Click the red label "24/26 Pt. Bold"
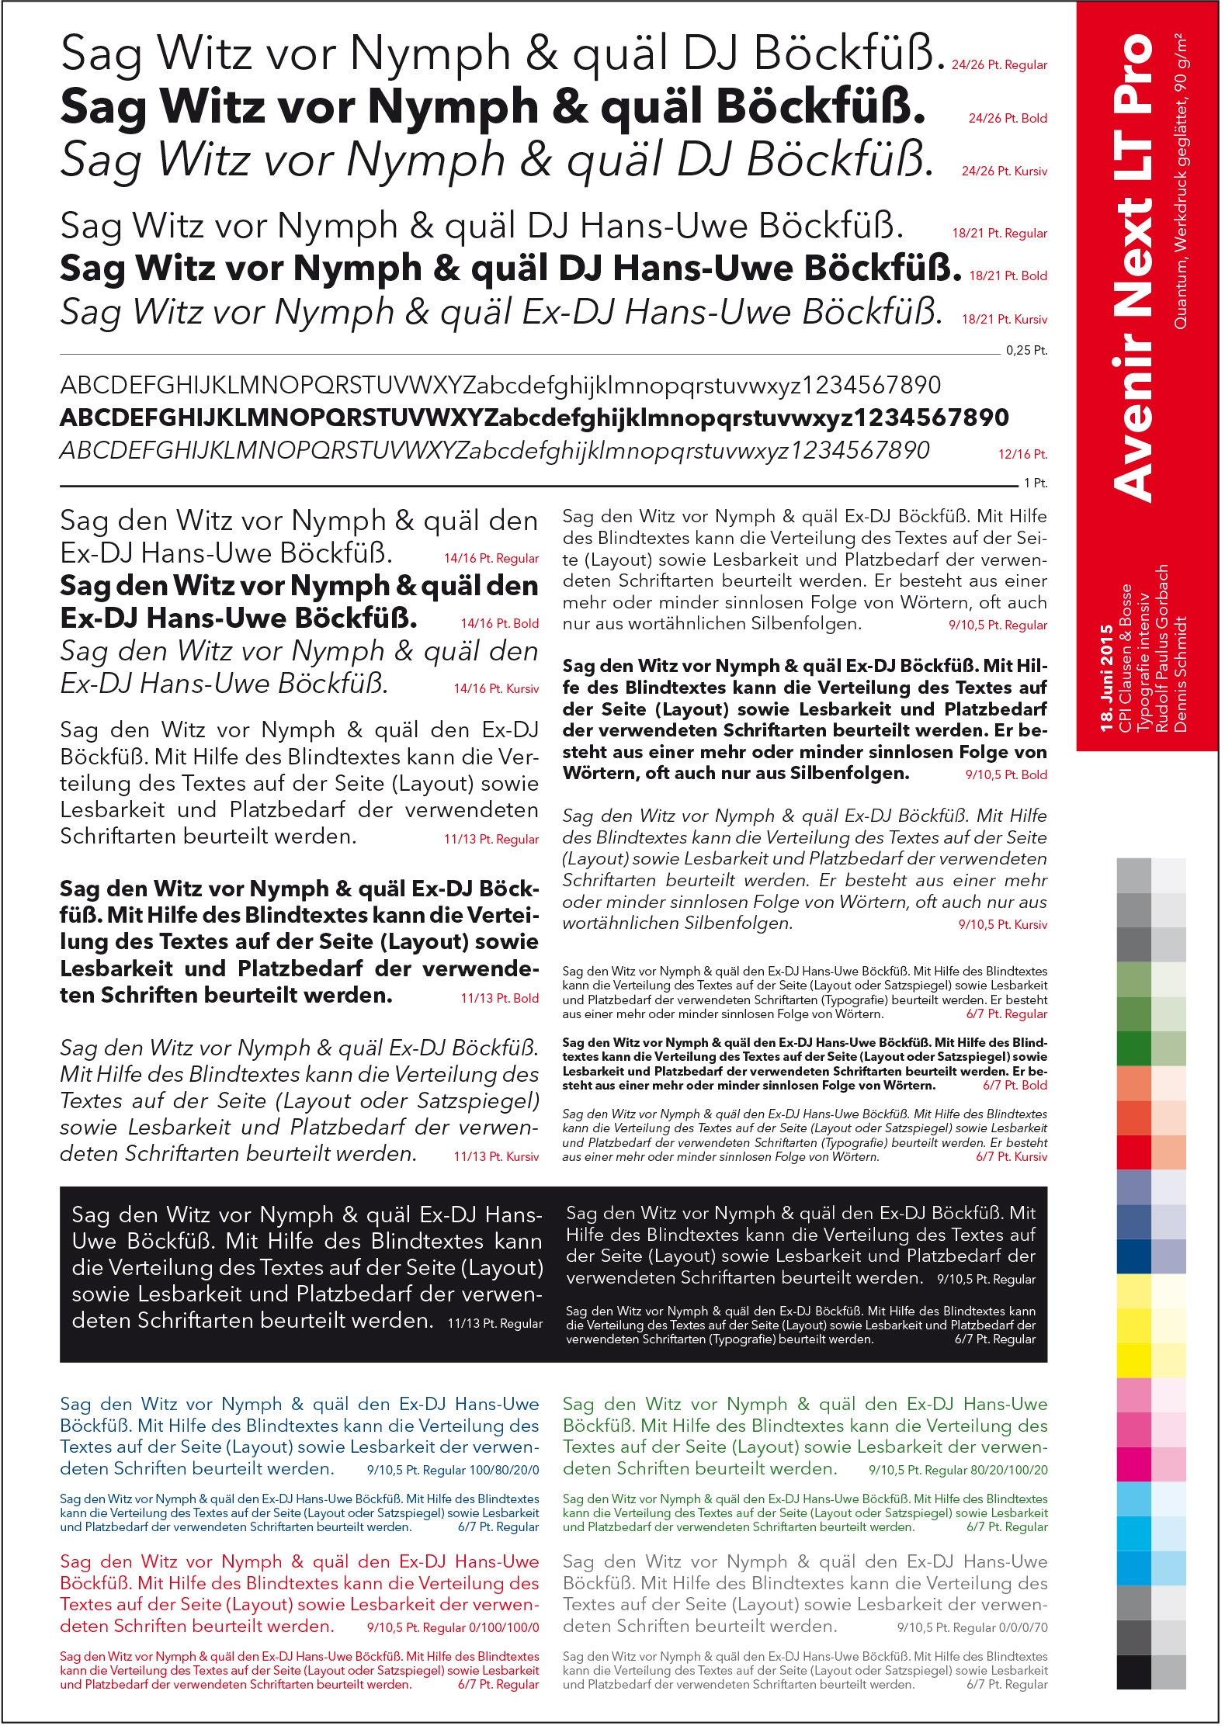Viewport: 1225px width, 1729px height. (x=1007, y=119)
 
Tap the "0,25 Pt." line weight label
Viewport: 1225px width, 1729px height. (x=1026, y=351)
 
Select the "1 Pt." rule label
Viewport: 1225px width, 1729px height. (x=1035, y=483)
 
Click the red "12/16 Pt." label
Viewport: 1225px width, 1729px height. (x=1022, y=455)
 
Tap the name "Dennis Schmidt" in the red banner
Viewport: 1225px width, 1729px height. (x=1181, y=674)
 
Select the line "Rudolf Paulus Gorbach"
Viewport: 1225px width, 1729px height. (x=1162, y=649)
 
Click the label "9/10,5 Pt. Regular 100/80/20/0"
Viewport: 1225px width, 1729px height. (x=453, y=1471)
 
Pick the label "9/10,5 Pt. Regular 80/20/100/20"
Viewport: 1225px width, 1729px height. (x=958, y=1471)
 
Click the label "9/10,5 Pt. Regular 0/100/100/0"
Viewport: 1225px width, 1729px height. (x=453, y=1628)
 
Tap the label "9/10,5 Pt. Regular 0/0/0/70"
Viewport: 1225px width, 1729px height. (x=972, y=1628)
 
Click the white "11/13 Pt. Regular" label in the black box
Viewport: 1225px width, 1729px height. (x=495, y=1324)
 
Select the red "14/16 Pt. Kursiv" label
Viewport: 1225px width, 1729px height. (x=496, y=689)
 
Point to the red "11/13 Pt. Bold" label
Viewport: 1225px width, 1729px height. (x=499, y=999)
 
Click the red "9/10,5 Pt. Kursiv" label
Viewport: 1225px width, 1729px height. (x=1002, y=925)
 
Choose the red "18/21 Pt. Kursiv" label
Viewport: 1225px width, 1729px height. (x=1004, y=320)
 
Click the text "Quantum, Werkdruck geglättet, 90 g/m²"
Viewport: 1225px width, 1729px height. (x=1181, y=182)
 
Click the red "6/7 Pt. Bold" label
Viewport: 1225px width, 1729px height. (x=1015, y=1086)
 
